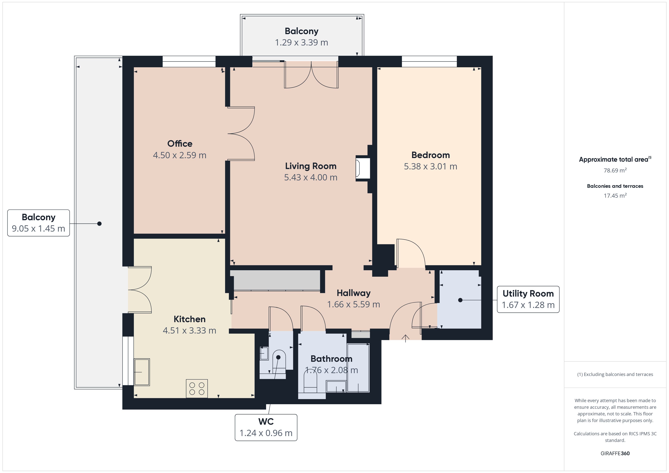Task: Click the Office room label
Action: [x=180, y=144]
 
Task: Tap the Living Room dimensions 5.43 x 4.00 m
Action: [x=311, y=177]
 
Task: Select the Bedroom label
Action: [x=430, y=155]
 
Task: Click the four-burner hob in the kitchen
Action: [x=197, y=388]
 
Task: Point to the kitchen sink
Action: [x=142, y=372]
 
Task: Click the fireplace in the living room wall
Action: [x=363, y=169]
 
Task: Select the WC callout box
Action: [x=266, y=428]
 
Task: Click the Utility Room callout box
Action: [x=528, y=299]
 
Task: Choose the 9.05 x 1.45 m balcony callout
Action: [x=38, y=223]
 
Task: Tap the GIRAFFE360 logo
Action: [x=615, y=453]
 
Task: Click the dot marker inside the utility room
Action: [x=460, y=300]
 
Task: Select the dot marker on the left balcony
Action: [x=99, y=224]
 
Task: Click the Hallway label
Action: [x=353, y=293]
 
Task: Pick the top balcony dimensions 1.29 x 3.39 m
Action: [x=302, y=42]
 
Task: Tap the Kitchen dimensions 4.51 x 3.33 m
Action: [x=189, y=330]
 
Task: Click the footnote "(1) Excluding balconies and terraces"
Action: [x=615, y=374]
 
